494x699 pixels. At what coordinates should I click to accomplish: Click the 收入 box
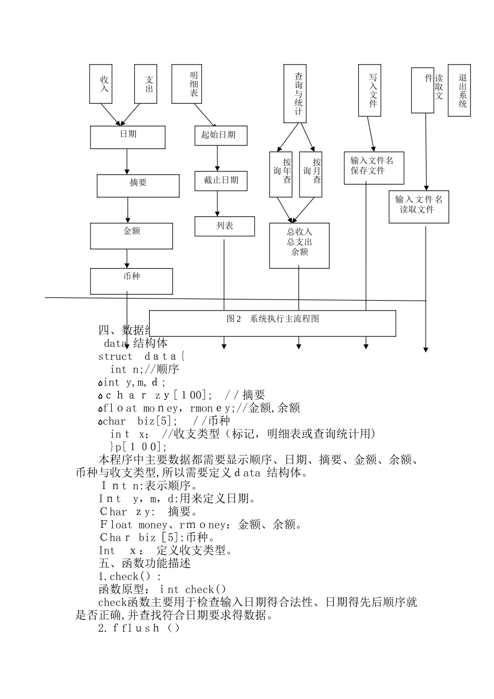point(101,84)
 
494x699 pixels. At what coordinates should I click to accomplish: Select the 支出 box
point(146,84)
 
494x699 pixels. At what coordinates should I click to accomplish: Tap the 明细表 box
point(187,84)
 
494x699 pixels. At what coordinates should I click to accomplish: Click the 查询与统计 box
point(295,93)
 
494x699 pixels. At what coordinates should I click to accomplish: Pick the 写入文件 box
point(370,90)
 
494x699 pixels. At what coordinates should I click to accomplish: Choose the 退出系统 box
point(459,90)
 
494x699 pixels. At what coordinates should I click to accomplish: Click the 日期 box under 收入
point(128,137)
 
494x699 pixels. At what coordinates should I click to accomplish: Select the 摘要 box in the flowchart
point(138,186)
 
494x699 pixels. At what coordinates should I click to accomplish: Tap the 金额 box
point(132,236)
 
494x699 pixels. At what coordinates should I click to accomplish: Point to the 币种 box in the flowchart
point(132,281)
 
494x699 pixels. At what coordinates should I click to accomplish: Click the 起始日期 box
point(221,135)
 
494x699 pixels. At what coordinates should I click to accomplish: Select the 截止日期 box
point(221,180)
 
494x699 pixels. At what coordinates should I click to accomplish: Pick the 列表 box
point(225,226)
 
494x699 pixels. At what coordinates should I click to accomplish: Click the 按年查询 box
point(281,174)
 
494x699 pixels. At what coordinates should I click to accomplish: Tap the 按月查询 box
point(311,174)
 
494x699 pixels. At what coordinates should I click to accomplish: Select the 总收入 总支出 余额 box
point(300,245)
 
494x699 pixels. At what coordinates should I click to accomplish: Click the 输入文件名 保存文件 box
point(374,167)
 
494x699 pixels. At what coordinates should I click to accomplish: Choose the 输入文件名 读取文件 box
point(419,206)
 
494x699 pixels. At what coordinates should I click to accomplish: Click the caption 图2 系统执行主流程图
point(272,319)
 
